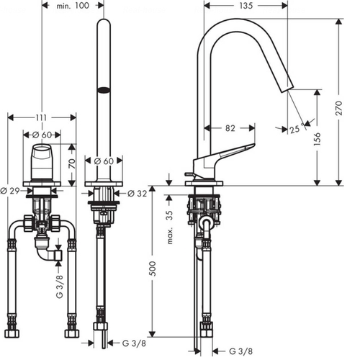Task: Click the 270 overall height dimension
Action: [338, 108]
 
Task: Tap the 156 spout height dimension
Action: [317, 138]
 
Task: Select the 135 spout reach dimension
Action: [246, 6]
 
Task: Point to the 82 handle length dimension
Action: [230, 128]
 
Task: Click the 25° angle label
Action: [297, 128]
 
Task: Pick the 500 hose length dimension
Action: [153, 269]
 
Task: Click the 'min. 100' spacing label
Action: [73, 6]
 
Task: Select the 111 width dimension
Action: [41, 117]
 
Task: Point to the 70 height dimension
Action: [72, 163]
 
